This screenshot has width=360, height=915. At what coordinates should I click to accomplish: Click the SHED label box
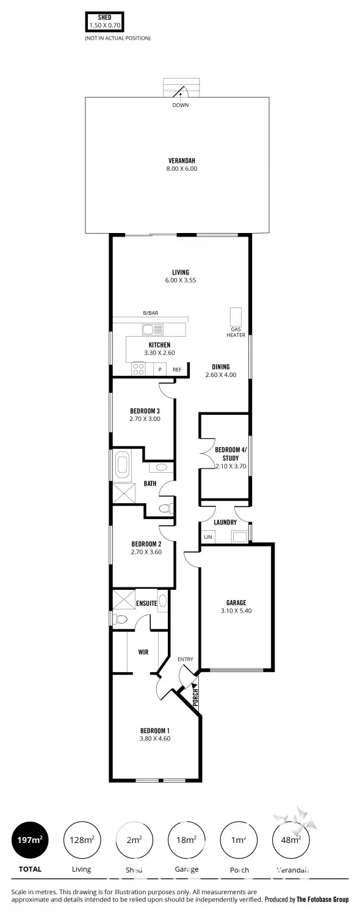point(104,22)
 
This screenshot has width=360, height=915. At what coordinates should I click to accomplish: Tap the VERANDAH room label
point(182,165)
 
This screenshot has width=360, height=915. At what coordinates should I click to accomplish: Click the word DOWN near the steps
point(180,105)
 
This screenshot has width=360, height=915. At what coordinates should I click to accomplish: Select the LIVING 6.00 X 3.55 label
point(180,276)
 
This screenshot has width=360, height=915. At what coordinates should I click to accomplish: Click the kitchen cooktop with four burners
point(139,368)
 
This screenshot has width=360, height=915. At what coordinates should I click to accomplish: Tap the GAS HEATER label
point(236,332)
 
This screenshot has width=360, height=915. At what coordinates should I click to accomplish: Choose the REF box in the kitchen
point(177,370)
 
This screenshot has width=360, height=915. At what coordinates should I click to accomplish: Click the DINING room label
point(221,371)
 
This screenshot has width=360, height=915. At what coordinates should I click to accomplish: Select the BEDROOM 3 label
point(145,415)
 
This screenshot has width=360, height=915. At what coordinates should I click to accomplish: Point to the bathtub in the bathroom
point(121,465)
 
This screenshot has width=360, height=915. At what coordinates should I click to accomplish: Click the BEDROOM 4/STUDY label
point(226,457)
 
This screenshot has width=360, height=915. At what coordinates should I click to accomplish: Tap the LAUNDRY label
point(225,522)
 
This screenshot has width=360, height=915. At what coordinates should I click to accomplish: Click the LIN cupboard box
point(208,537)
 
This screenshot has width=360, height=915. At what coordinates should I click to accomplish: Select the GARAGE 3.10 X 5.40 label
point(236,606)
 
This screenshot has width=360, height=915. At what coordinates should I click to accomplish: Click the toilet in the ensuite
point(121,620)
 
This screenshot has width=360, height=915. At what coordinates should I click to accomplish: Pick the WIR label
point(143,652)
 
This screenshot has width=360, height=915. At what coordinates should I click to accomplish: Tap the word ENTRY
point(185,659)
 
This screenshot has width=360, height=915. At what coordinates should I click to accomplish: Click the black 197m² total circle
point(30,840)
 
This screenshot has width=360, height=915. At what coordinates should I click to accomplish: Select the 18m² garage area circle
point(186,840)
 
